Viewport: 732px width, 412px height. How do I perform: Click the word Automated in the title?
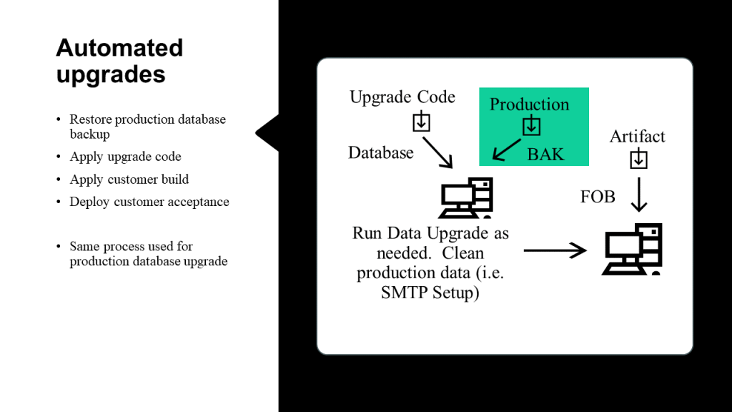(119, 48)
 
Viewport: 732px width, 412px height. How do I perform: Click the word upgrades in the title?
(111, 75)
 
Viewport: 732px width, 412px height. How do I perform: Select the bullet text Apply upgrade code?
(126, 157)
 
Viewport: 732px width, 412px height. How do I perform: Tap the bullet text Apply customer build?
(129, 180)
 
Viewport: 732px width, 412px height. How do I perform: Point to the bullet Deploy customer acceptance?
(149, 202)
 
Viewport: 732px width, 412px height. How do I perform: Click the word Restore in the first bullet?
(91, 119)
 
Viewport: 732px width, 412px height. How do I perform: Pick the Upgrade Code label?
(402, 97)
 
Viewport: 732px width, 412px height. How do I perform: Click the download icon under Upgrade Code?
(421, 122)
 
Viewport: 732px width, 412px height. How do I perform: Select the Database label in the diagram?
(381, 153)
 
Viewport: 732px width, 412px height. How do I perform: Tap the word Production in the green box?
(530, 104)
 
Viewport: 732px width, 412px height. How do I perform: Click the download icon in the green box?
(531, 125)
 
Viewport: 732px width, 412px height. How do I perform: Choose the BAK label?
(545, 154)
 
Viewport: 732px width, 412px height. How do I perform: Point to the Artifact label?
(637, 137)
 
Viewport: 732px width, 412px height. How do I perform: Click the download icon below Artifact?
(638, 158)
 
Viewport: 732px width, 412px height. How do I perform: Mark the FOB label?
(598, 197)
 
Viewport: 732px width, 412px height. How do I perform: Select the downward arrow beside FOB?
(638, 195)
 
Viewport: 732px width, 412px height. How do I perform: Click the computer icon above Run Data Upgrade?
(465, 197)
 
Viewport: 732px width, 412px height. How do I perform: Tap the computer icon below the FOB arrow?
(632, 249)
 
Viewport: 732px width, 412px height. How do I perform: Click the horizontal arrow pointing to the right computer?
(555, 250)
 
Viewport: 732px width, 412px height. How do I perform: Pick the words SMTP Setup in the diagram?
(430, 293)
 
